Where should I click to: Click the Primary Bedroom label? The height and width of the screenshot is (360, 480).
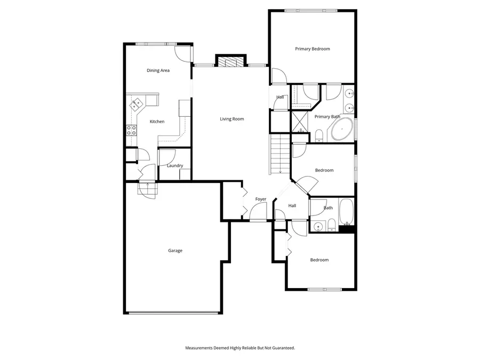313,49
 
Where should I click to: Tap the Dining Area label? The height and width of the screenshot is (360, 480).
158,70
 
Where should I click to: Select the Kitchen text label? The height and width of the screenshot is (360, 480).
157,122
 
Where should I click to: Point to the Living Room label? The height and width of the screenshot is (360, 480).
232,119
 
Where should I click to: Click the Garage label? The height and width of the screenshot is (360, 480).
175,251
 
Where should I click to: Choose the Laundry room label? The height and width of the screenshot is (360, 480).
175,166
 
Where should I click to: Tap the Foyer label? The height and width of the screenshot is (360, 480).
260,199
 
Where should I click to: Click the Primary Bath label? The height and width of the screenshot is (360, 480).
327,117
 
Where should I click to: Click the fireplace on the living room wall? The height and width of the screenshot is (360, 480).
230,61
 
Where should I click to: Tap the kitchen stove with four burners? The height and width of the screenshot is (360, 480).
131,130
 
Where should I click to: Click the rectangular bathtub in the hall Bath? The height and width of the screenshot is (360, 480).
346,212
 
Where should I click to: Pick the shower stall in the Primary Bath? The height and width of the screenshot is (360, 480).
300,123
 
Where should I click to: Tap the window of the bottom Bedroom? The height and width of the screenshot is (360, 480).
324,290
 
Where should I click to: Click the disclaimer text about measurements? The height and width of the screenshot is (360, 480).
240,348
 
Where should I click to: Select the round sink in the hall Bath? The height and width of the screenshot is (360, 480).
318,226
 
